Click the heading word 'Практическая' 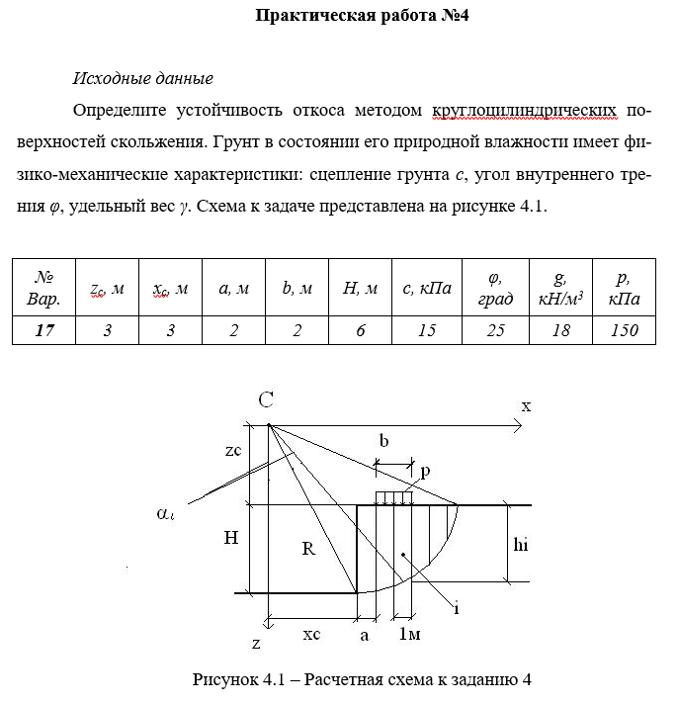point(302,16)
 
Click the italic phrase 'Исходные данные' point(143,78)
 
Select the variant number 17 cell point(44,330)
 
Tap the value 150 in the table point(625,330)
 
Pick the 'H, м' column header point(361,289)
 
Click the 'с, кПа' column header point(427,289)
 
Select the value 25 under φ point(495,330)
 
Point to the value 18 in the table point(561,330)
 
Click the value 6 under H point(361,330)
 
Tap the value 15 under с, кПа point(427,330)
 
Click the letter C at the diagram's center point point(266,400)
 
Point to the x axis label point(526,405)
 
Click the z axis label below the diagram point(255,644)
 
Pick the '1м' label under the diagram point(409,636)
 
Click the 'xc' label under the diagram point(311,635)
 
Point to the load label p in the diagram point(425,473)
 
